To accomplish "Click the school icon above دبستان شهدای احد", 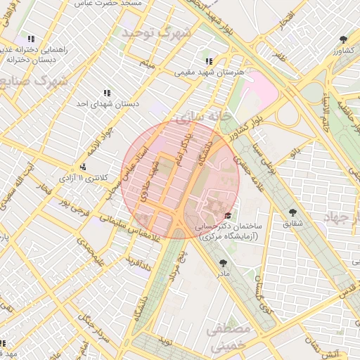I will click(x=107, y=93).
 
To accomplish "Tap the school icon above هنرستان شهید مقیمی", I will click(x=209, y=61).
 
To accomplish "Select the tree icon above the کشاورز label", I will click(x=342, y=39).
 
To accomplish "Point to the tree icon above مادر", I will click(x=224, y=262).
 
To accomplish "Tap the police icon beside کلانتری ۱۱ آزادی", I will click(x=84, y=167).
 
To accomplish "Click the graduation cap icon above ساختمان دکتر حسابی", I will click(x=228, y=216).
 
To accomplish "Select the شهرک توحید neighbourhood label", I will click(x=156, y=33).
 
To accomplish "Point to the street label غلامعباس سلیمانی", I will click(x=108, y=231).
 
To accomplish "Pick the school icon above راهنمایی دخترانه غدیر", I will click(x=31, y=39).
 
